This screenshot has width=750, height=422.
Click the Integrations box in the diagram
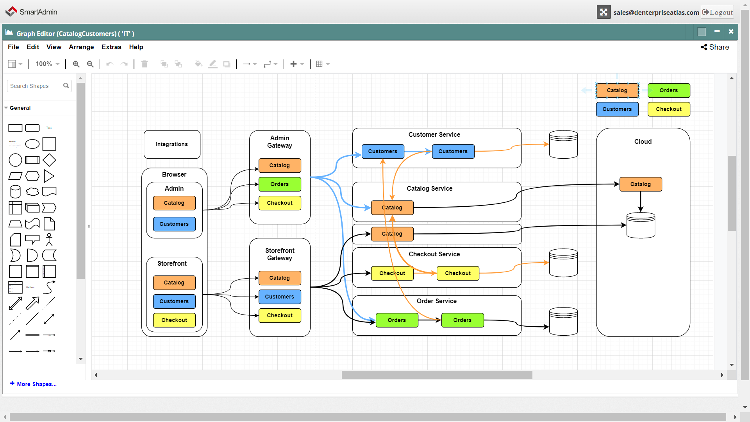click(x=172, y=145)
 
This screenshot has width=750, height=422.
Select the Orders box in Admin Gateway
click(x=280, y=184)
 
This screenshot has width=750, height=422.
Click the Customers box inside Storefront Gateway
click(x=280, y=297)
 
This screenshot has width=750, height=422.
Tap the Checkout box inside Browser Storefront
click(x=174, y=320)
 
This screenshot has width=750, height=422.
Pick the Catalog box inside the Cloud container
click(x=641, y=184)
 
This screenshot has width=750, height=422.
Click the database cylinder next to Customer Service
click(x=563, y=145)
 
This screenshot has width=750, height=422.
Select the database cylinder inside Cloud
click(x=641, y=225)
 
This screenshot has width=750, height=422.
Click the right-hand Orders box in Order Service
click(x=462, y=320)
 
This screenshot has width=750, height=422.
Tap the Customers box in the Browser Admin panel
click(x=174, y=224)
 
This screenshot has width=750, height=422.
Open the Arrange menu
click(x=81, y=47)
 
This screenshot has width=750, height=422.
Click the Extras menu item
click(x=111, y=47)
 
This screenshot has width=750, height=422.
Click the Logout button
click(x=718, y=12)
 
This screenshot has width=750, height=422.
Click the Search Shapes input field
click(x=35, y=86)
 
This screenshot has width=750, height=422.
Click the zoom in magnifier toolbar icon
click(x=76, y=64)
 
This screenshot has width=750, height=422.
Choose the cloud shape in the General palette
click(x=32, y=192)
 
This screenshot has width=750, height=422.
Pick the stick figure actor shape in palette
click(x=49, y=240)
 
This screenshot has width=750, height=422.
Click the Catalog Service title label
click(x=430, y=188)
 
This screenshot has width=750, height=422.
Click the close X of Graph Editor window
click(x=731, y=32)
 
